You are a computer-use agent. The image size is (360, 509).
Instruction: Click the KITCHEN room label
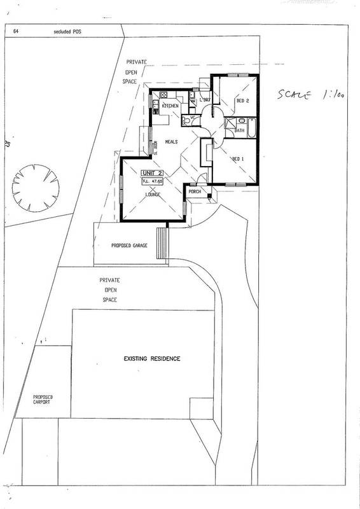169,105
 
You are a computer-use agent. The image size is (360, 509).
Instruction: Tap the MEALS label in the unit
171,142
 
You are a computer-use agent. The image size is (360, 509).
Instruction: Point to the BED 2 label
242,101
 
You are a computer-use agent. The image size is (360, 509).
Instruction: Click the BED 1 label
237,158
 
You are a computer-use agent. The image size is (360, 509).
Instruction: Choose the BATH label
239,130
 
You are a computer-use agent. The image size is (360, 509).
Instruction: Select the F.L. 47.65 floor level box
153,181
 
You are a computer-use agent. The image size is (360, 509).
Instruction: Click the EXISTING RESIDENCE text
152,359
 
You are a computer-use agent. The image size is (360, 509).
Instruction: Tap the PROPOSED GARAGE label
129,245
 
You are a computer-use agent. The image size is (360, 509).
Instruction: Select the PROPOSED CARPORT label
43,399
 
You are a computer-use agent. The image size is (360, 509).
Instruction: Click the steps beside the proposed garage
162,242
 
